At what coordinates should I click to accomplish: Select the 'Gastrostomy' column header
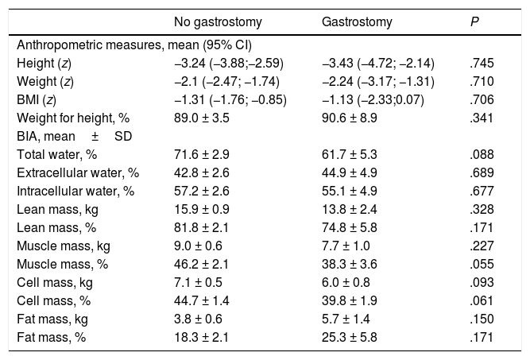tap(354, 22)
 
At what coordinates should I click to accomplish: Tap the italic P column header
tap(474, 22)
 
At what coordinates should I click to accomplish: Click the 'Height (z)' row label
tap(41, 61)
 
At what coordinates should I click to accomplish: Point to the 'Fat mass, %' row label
tap(48, 337)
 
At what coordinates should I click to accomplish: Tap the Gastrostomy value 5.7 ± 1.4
tap(346, 319)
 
